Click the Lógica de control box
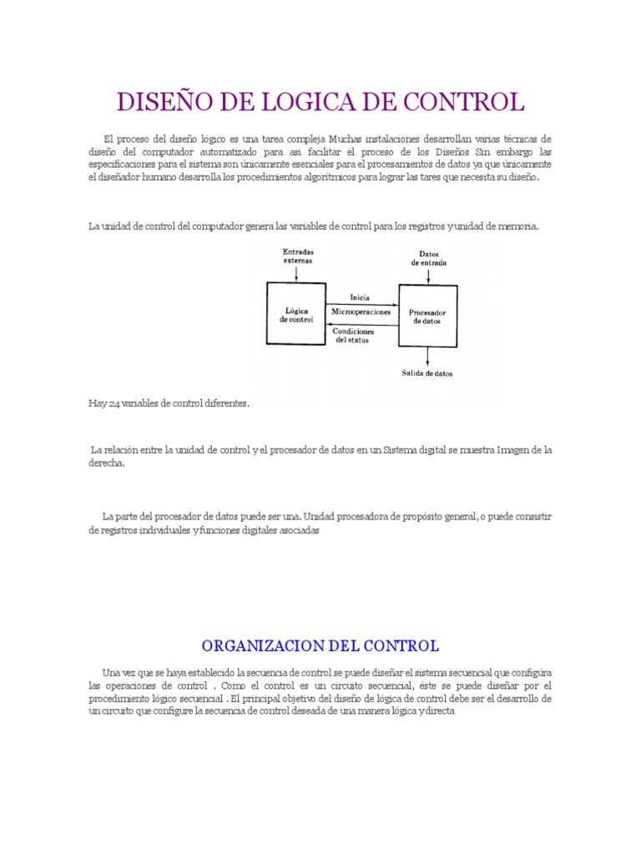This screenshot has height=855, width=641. click(296, 313)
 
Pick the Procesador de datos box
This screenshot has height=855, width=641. click(427, 316)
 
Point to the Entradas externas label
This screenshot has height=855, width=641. click(297, 255)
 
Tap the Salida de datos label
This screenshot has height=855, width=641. click(428, 373)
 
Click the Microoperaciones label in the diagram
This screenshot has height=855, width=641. click(361, 311)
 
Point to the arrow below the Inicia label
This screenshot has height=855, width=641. click(361, 304)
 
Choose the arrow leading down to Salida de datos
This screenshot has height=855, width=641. click(428, 357)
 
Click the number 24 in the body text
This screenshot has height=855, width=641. click(113, 403)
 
